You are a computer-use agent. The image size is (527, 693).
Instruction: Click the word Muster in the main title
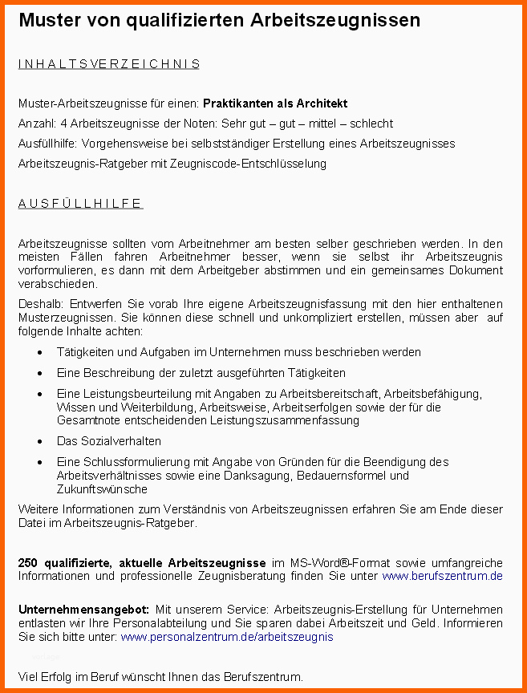pos(50,20)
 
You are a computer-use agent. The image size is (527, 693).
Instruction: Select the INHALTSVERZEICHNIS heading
pos(109,64)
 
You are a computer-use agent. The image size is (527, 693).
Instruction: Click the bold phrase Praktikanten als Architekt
pos(275,103)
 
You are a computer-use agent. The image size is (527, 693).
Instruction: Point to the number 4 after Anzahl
pos(63,124)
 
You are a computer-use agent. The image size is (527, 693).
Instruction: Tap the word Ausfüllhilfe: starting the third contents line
pos(47,144)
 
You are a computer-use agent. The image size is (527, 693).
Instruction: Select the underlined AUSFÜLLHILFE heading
pos(80,203)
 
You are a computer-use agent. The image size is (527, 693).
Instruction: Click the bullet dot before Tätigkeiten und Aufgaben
pos(40,353)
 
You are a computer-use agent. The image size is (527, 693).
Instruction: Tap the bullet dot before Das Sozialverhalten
pos(40,442)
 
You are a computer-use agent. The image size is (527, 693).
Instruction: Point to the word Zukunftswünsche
pos(102,489)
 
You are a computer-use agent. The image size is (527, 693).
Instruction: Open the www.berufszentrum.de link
pos(442,576)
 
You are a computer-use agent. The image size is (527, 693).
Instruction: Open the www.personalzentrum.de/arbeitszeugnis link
pos(226,637)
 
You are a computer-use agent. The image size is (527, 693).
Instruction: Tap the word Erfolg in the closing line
pos(57,677)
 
